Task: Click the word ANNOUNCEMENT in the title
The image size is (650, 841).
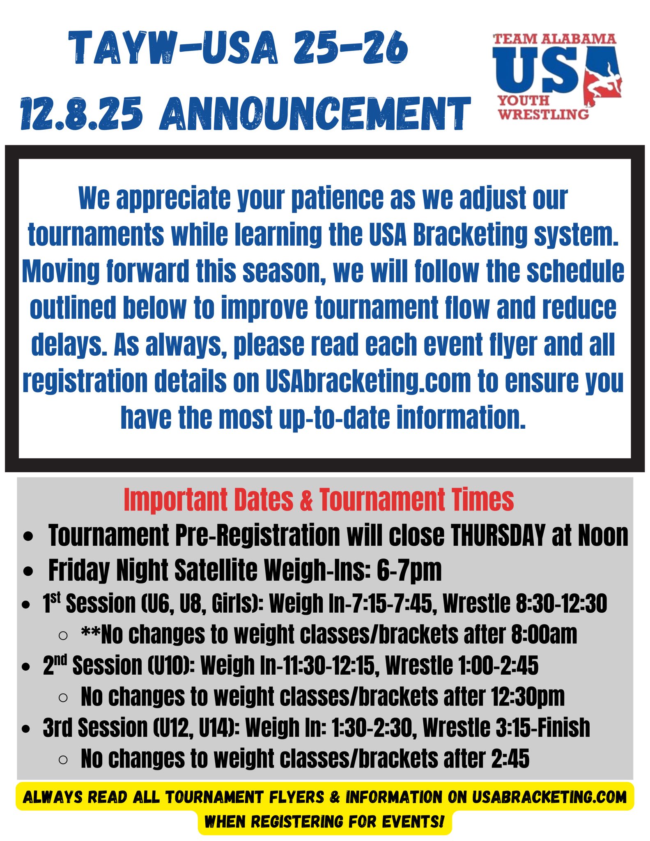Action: (x=315, y=114)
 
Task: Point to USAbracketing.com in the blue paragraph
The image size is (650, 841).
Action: (x=368, y=381)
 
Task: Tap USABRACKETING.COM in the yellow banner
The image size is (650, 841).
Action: (x=549, y=797)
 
